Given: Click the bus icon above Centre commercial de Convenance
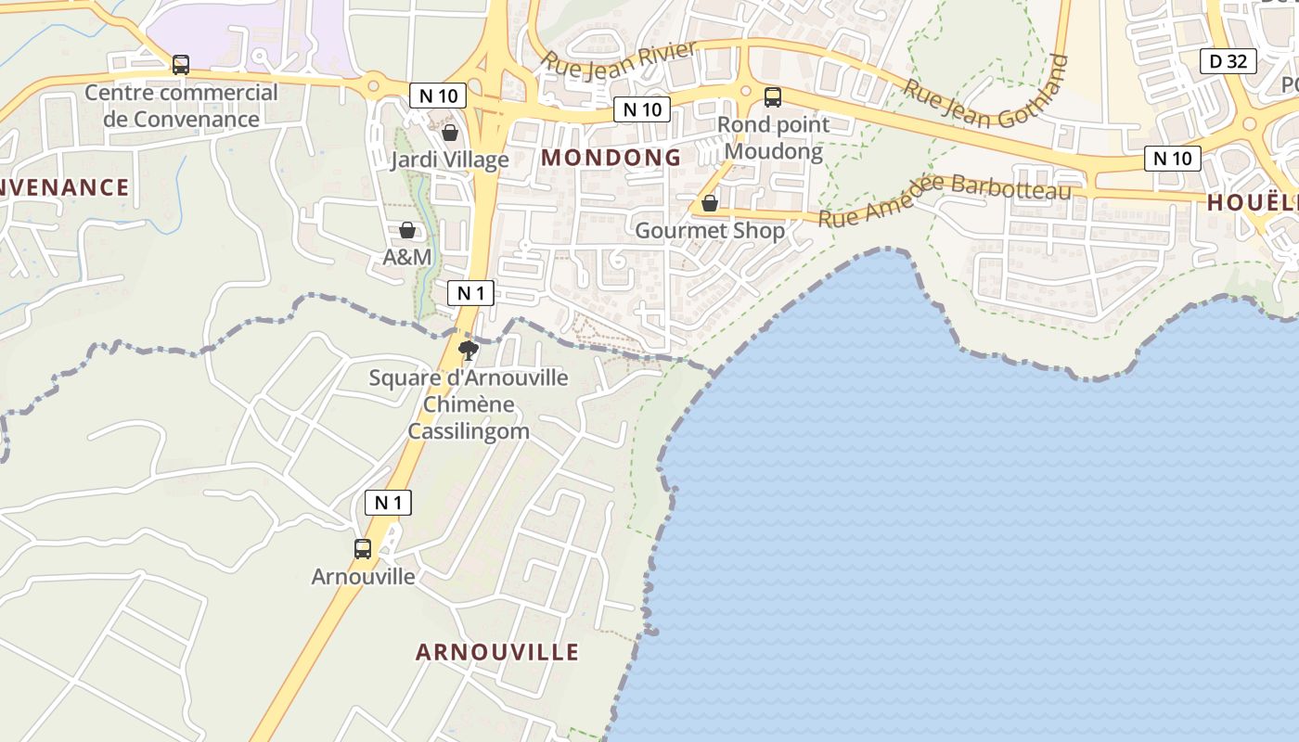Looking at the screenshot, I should point(181,65).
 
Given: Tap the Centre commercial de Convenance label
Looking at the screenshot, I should point(181,106).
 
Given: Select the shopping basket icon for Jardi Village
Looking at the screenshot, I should point(450,133).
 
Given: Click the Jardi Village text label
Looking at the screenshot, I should point(449,160).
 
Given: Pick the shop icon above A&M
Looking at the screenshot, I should point(406,230).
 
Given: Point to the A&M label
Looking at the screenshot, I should point(407,257).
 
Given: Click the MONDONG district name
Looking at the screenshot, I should point(611,158).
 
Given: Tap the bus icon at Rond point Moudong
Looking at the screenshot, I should point(772,96).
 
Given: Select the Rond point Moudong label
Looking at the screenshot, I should point(774,138).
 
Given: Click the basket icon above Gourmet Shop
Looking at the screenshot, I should point(710,203).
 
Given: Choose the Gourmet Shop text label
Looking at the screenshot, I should point(710,230).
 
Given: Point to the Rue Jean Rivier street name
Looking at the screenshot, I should point(619,58).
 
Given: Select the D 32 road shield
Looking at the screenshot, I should point(1228,61).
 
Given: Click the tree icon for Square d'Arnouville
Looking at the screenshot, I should point(469,350).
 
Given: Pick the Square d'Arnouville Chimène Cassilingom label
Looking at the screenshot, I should point(469,404).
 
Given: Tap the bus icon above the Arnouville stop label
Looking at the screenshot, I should point(363,548).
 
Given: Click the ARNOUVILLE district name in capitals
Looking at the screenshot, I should point(497,652).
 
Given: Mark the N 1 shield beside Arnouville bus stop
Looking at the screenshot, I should point(388,503).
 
